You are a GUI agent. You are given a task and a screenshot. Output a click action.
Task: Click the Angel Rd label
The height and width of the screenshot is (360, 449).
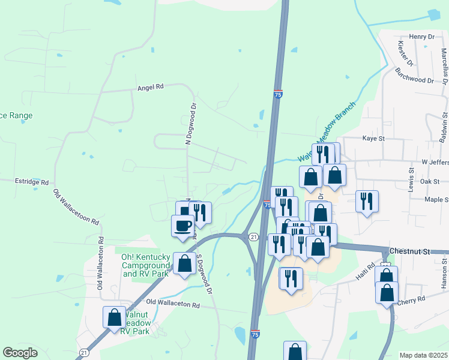click(x=151, y=86)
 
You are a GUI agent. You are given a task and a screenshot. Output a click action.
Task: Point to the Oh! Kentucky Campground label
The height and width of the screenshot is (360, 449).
click(x=146, y=265)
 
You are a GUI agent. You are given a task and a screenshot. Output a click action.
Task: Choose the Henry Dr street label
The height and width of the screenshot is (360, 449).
click(x=421, y=37)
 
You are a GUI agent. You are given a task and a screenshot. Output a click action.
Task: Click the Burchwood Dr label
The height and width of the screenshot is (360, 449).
click(x=414, y=79)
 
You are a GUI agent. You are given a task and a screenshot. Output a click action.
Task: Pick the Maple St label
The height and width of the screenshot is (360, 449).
click(x=436, y=199)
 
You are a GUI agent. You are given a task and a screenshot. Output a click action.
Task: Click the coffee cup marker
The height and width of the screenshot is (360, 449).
click(x=183, y=226)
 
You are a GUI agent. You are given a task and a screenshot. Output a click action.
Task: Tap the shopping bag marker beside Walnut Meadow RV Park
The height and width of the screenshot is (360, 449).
click(x=114, y=317)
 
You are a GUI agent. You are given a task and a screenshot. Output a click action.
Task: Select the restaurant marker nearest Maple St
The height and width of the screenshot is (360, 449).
click(x=366, y=202)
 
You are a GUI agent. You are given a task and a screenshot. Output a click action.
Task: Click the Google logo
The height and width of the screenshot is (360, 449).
click(x=20, y=353)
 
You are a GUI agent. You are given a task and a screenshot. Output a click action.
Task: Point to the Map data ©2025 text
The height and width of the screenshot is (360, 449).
click(x=423, y=355)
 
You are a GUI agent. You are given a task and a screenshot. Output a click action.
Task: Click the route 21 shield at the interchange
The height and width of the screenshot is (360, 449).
click(x=254, y=238)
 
